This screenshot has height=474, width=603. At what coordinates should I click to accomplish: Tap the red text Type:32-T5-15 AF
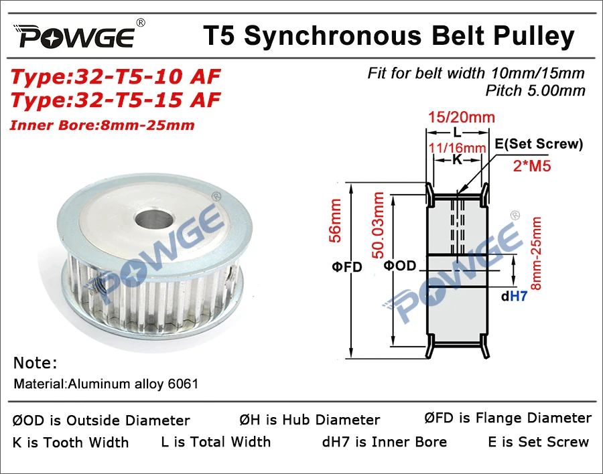(115, 100)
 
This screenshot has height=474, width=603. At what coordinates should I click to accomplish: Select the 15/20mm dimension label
(460, 118)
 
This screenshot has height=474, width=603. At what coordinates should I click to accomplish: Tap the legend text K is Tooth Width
(70, 442)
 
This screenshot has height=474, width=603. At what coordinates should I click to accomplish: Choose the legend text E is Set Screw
(538, 441)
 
